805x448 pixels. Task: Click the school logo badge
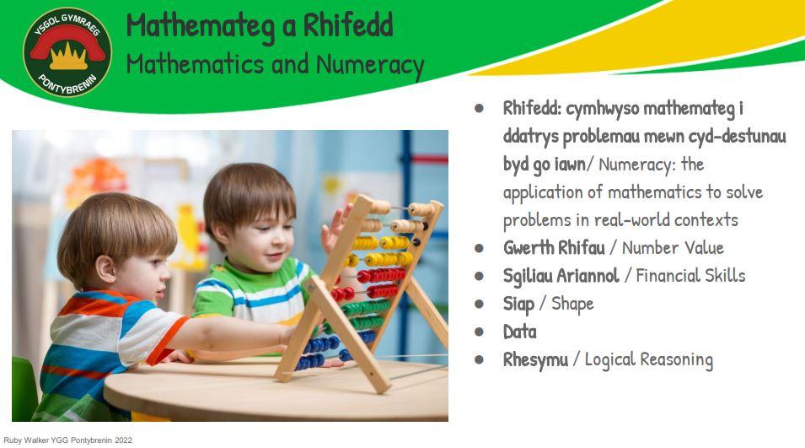click(67, 52)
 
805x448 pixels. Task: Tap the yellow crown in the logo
click(68, 57)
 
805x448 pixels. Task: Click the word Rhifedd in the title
click(348, 25)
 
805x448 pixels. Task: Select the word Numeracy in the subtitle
click(370, 66)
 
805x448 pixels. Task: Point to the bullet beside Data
click(479, 332)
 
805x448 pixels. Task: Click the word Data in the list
click(519, 332)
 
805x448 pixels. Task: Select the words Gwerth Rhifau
click(554, 248)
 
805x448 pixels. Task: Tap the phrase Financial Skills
click(690, 275)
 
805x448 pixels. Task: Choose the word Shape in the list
click(572, 304)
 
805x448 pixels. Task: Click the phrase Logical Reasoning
click(649, 359)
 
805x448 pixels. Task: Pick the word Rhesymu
click(535, 359)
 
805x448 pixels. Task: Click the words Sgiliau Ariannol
click(561, 276)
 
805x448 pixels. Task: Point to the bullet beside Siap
click(479, 304)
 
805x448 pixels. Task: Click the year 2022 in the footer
click(123, 440)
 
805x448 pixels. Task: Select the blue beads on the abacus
click(334, 348)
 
